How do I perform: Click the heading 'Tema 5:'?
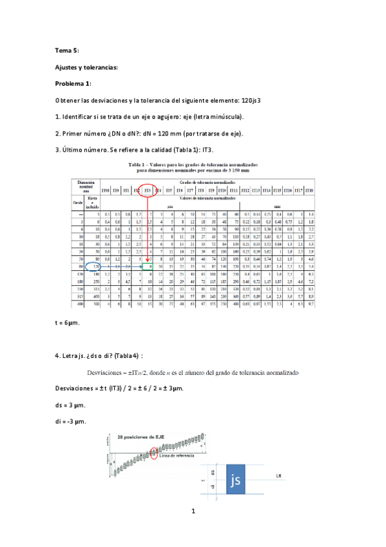[67, 50]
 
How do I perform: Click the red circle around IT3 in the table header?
[148, 190]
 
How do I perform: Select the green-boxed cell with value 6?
[149, 265]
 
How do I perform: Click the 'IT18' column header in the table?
[309, 190]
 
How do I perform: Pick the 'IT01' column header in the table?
[106, 190]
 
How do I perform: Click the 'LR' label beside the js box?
[278, 476]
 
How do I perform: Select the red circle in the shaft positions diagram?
[153, 452]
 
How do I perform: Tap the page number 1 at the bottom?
[193, 512]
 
